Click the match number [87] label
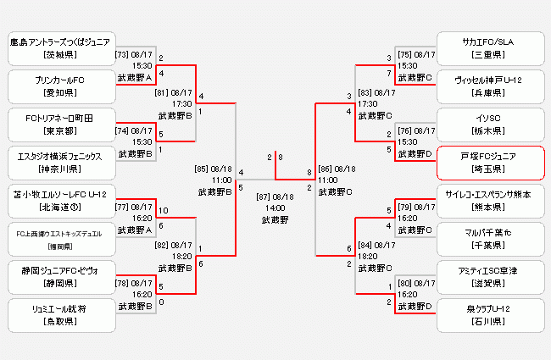pyautogui.click(x=264, y=197)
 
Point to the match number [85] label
pyautogui.click(x=202, y=169)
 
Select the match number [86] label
pyautogui.click(x=326, y=169)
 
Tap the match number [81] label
pyautogui.click(x=161, y=93)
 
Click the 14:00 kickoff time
pyautogui.click(x=274, y=208)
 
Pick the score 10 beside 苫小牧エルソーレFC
pyautogui.click(x=163, y=211)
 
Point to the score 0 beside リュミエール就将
pyautogui.click(x=161, y=302)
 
